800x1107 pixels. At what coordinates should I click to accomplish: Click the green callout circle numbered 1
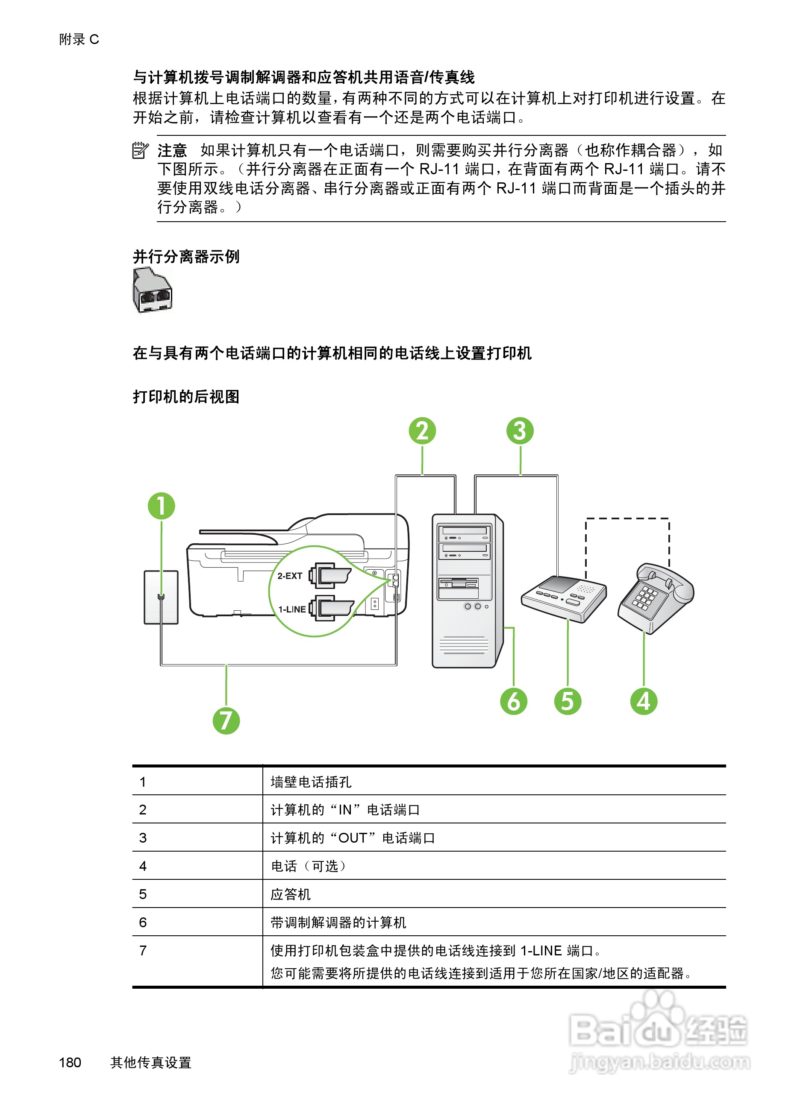(161, 506)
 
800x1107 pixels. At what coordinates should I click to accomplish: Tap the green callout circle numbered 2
(422, 431)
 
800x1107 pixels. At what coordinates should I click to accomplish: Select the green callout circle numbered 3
(520, 431)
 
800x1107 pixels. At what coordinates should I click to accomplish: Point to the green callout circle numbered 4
(644, 701)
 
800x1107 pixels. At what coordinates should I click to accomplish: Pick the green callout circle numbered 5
(568, 701)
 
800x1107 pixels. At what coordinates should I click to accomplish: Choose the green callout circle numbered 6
(514, 701)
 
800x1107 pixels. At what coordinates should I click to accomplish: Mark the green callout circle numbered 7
(226, 720)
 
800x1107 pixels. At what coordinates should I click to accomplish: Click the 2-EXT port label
(290, 576)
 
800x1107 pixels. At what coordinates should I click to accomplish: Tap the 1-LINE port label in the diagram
(292, 609)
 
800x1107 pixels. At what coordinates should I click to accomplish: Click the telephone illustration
(655, 597)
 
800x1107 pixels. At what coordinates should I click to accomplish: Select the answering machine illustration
(564, 598)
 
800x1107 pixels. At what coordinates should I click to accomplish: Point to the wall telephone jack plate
(161, 597)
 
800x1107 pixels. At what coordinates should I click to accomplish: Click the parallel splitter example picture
(153, 290)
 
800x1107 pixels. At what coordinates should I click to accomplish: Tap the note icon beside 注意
(140, 150)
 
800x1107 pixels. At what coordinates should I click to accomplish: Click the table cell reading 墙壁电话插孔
(311, 782)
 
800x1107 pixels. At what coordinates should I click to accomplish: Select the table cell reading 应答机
(291, 894)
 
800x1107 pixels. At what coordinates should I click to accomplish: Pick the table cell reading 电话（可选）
(309, 866)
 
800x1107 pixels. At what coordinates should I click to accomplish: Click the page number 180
(70, 1062)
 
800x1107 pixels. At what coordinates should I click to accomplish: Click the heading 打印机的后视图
(186, 396)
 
